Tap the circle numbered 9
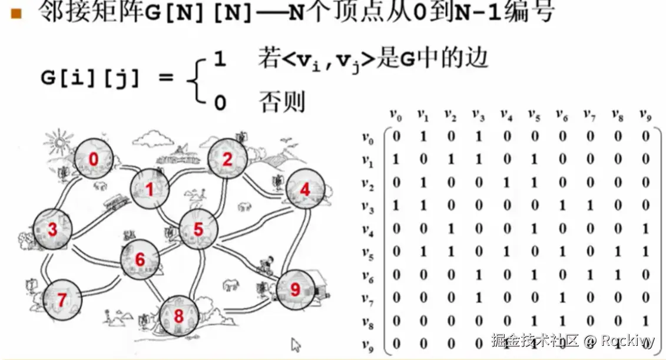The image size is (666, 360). tap(296, 288)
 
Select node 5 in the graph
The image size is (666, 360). tap(198, 229)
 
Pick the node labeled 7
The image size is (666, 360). tap(61, 300)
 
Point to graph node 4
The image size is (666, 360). tap(304, 190)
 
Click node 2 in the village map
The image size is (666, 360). tap(227, 158)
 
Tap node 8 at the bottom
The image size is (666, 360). tap(178, 316)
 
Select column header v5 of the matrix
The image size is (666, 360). tap(535, 115)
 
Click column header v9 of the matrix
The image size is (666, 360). tap(645, 115)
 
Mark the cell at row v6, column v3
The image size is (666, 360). tap(479, 275)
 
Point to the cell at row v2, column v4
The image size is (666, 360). tap(507, 183)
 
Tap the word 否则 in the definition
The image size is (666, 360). tap(282, 102)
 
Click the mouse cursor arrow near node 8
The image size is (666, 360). tap(296, 344)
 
